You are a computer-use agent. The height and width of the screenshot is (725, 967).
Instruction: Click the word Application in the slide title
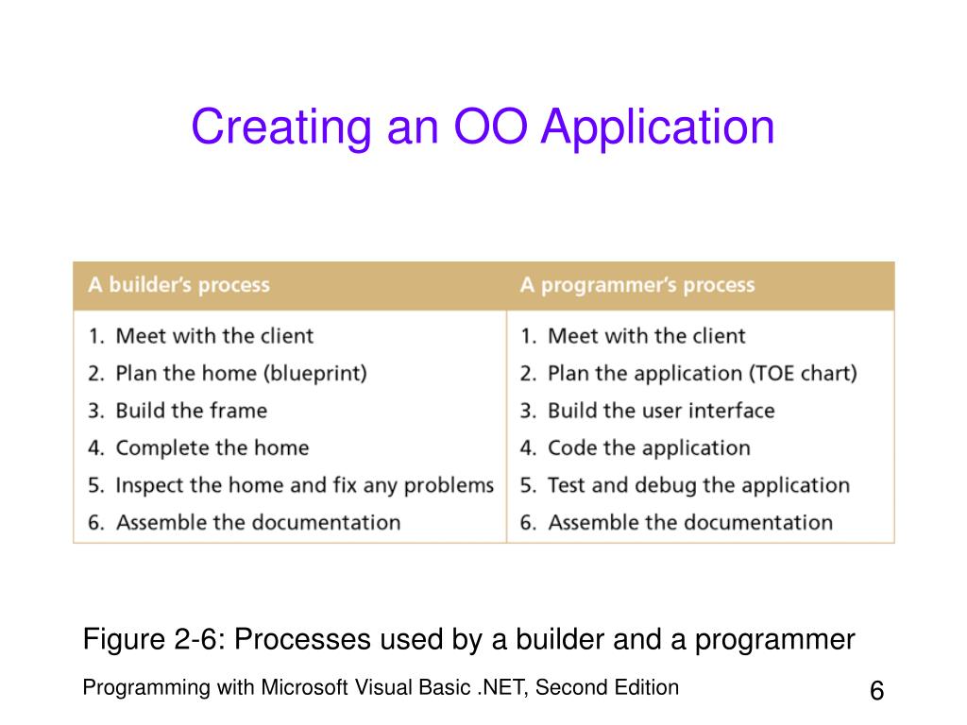click(x=657, y=128)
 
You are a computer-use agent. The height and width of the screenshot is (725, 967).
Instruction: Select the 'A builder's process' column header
click(x=178, y=285)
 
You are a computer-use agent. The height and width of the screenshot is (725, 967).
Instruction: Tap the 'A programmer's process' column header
click(x=637, y=285)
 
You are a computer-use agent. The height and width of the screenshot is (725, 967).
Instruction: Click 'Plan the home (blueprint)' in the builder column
click(x=241, y=373)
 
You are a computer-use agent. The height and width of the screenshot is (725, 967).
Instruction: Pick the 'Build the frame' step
click(x=191, y=411)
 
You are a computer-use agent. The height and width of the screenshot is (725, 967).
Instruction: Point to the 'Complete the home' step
click(x=212, y=447)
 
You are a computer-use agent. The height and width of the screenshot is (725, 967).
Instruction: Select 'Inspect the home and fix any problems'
click(x=304, y=485)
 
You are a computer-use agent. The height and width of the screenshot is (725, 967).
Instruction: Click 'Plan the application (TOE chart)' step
click(x=702, y=373)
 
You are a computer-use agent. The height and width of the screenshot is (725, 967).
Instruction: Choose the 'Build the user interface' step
click(x=661, y=411)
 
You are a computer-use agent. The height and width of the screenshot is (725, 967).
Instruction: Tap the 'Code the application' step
click(x=649, y=447)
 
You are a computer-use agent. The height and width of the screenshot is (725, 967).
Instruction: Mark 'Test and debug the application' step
click(x=698, y=485)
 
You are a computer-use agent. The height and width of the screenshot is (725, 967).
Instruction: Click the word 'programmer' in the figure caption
click(x=775, y=640)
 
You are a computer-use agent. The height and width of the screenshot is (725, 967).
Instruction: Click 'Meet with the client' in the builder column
click(x=213, y=336)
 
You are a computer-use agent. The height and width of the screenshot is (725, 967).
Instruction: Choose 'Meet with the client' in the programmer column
click(x=646, y=336)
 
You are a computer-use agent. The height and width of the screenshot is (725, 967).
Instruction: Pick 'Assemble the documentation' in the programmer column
click(x=690, y=522)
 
